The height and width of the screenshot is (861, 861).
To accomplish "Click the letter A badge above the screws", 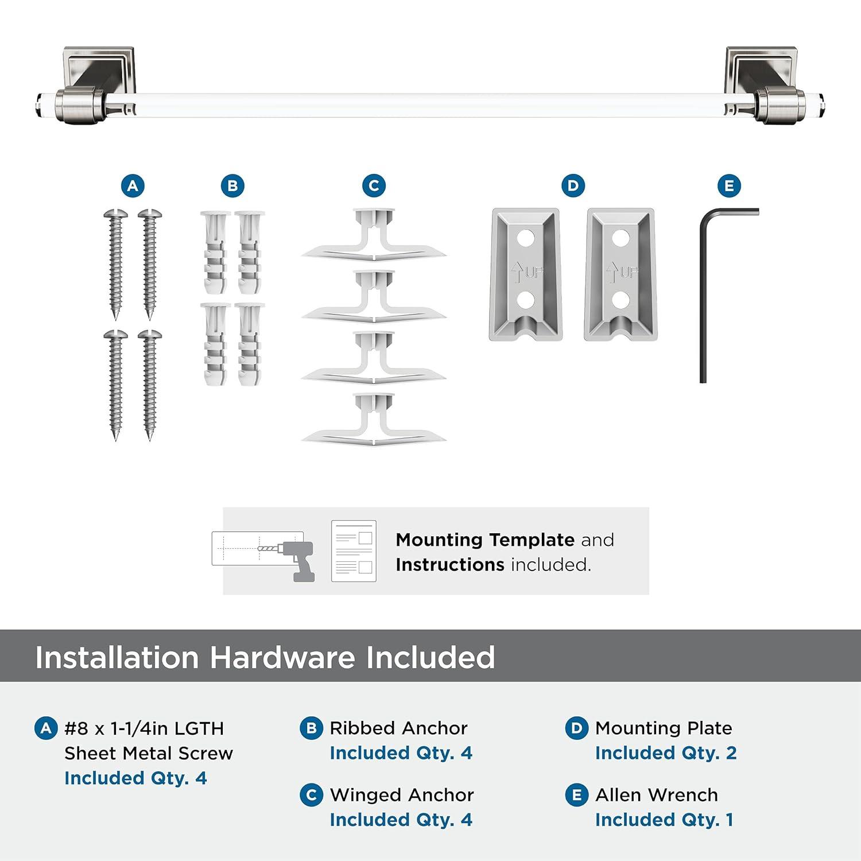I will tap(133, 186).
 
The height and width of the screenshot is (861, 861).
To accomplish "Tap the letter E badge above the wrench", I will tap(729, 186).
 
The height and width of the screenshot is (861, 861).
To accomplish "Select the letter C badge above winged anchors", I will tap(374, 186).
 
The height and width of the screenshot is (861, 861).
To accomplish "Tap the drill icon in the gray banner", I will tap(296, 557).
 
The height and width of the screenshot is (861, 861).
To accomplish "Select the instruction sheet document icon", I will tap(354, 551).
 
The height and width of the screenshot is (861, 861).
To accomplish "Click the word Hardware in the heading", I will tap(281, 657).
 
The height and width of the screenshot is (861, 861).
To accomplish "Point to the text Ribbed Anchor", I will tap(398, 728).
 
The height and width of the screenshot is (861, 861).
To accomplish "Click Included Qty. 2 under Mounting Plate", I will tap(665, 753).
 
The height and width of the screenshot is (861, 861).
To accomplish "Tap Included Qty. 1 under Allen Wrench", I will tap(664, 820).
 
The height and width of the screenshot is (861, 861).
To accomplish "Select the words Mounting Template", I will tap(484, 540).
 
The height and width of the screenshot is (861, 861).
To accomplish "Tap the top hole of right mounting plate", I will tap(620, 238).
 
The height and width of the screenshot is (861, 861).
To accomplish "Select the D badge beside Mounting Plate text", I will tap(576, 728).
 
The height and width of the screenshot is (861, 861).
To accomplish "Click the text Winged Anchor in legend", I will tap(401, 795).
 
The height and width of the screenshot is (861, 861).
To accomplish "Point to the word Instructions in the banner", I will tap(449, 565).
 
